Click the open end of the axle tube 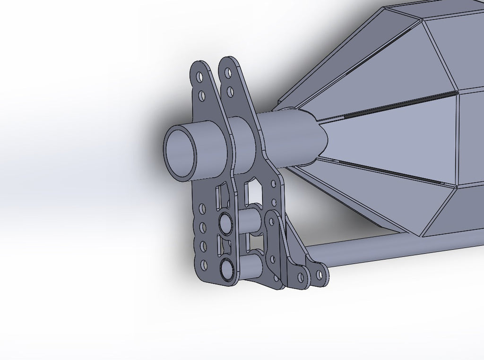pos(181,153)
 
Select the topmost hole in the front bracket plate pos(199,77)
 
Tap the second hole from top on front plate pos(202,96)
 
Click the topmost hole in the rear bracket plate pos(228,73)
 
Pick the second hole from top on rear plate pos(231,91)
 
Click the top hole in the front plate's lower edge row pos(202,208)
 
